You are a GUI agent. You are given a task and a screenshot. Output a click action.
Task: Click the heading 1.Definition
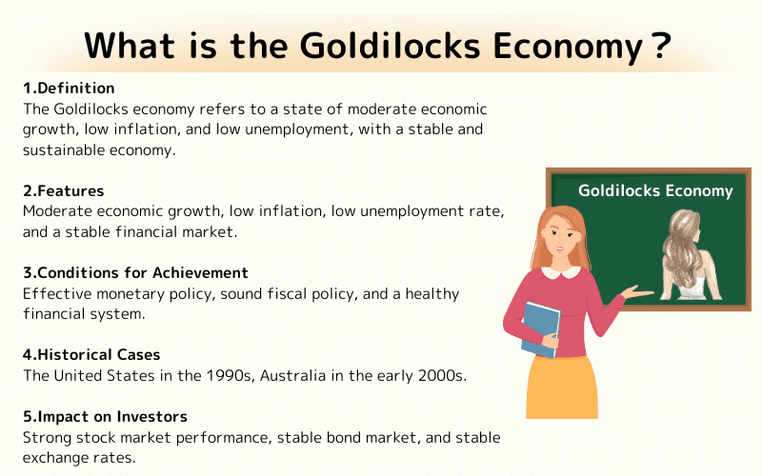coord(69,89)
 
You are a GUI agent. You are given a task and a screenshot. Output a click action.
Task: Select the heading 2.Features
coord(64,190)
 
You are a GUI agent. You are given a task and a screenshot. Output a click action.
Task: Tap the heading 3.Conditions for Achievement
coord(135,273)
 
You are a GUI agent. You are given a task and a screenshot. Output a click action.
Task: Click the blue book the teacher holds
coord(540,327)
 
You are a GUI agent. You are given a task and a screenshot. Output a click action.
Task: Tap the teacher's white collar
coord(560,273)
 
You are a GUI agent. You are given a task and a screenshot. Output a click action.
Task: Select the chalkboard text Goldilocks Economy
coord(655,190)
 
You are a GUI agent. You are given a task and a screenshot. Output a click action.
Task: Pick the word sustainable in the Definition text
coord(63,149)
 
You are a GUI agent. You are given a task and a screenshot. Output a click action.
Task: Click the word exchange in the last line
coord(56,457)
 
